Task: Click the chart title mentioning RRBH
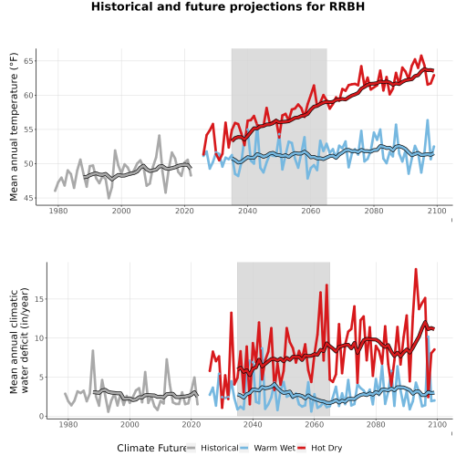tap(228, 6)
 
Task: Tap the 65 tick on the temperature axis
tap(28, 61)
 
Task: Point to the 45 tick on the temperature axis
tap(28, 199)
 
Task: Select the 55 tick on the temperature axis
tap(28, 130)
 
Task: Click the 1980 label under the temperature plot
tap(58, 211)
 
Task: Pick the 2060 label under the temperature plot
tap(311, 211)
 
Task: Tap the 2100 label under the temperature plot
tap(437, 211)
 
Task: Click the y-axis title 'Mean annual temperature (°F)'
tap(14, 127)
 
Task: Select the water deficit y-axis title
tap(19, 340)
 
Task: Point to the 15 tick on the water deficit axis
tap(39, 299)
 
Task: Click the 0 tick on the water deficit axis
tap(42, 417)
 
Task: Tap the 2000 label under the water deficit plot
tap(130, 424)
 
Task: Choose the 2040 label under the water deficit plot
tap(253, 424)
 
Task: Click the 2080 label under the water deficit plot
tap(376, 424)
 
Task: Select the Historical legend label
tap(220, 448)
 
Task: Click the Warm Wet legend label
tap(275, 448)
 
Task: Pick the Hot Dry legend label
tap(326, 448)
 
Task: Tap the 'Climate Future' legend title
tap(151, 448)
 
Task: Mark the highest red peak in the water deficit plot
tap(416, 269)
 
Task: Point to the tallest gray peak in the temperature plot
tap(159, 136)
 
